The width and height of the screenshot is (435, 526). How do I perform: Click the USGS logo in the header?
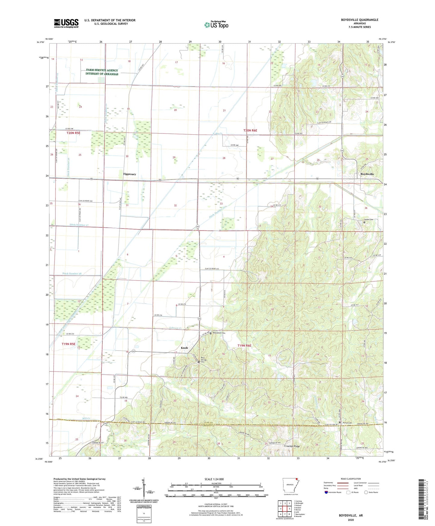point(66,23)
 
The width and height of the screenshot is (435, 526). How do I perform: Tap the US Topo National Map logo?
point(216,25)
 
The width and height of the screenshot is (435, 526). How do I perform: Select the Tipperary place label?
point(129,174)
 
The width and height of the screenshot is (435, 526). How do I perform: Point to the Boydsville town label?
point(367,174)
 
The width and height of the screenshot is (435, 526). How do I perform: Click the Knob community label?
point(184,348)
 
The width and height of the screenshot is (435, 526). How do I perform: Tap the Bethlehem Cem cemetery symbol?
point(211,333)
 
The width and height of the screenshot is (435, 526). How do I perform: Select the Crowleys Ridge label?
point(292,446)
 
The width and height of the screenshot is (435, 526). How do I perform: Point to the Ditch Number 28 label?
point(72,274)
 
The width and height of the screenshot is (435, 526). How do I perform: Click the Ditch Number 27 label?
point(79,225)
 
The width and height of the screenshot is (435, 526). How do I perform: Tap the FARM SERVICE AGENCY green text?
point(102,70)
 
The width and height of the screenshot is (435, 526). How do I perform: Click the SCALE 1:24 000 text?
point(214,479)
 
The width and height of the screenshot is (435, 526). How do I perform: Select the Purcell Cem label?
point(347,423)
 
